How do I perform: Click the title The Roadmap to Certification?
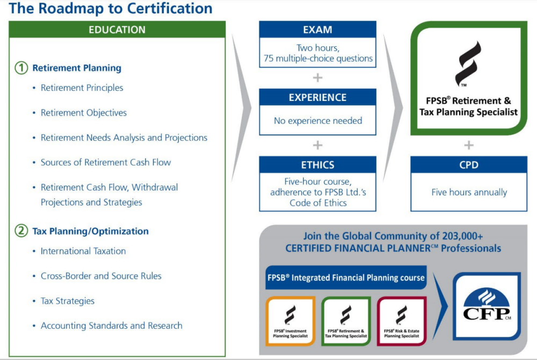[111, 9]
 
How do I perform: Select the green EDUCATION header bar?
[117, 30]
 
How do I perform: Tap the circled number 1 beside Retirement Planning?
[21, 68]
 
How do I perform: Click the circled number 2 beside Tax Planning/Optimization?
[21, 231]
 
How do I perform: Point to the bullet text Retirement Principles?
[82, 88]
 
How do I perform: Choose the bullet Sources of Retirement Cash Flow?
[106, 162]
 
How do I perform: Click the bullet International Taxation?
[83, 251]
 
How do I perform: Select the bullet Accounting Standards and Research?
[111, 326]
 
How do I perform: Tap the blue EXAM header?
[317, 30]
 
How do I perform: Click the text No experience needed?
[318, 121]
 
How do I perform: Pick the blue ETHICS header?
[317, 165]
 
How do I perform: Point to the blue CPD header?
[469, 165]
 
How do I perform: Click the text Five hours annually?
[469, 192]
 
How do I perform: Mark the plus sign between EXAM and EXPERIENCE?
[317, 77]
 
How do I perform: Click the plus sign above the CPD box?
[469, 145]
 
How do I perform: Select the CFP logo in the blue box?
[487, 306]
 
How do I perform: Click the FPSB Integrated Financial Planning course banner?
[346, 278]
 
